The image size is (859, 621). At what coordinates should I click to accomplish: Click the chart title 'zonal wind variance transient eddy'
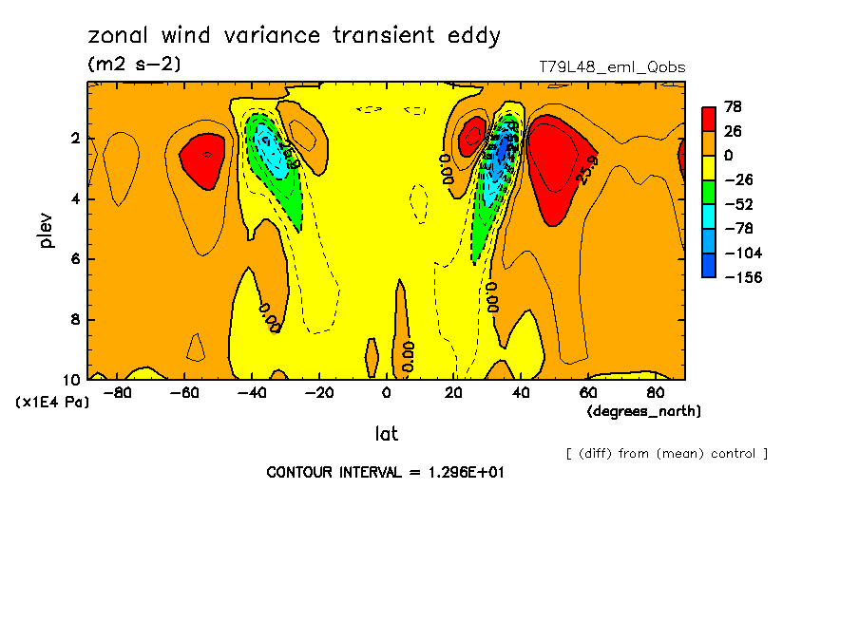pyautogui.click(x=294, y=36)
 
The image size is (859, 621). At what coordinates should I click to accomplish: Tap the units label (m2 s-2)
pyautogui.click(x=133, y=65)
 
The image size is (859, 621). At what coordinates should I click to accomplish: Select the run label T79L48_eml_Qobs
pyautogui.click(x=611, y=67)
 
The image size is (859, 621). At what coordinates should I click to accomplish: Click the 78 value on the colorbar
pyautogui.click(x=733, y=106)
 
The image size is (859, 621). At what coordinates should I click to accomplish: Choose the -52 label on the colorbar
pyautogui.click(x=736, y=204)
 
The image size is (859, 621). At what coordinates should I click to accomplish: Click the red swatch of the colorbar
pyautogui.click(x=709, y=119)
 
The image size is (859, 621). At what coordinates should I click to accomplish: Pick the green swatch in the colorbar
pyautogui.click(x=709, y=192)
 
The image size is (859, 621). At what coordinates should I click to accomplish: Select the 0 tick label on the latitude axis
pyautogui.click(x=386, y=393)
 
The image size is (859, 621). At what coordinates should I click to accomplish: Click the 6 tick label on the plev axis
pyautogui.click(x=77, y=259)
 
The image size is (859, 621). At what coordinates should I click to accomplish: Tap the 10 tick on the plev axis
pyautogui.click(x=73, y=379)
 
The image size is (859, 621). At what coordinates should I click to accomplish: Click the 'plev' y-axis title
pyautogui.click(x=47, y=231)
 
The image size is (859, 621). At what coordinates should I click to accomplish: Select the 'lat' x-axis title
pyautogui.click(x=386, y=434)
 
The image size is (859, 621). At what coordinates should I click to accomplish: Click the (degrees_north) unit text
pyautogui.click(x=644, y=411)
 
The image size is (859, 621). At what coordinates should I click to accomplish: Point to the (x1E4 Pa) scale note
pyautogui.click(x=53, y=403)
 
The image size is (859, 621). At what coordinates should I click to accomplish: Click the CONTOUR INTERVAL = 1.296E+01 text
pyautogui.click(x=385, y=472)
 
